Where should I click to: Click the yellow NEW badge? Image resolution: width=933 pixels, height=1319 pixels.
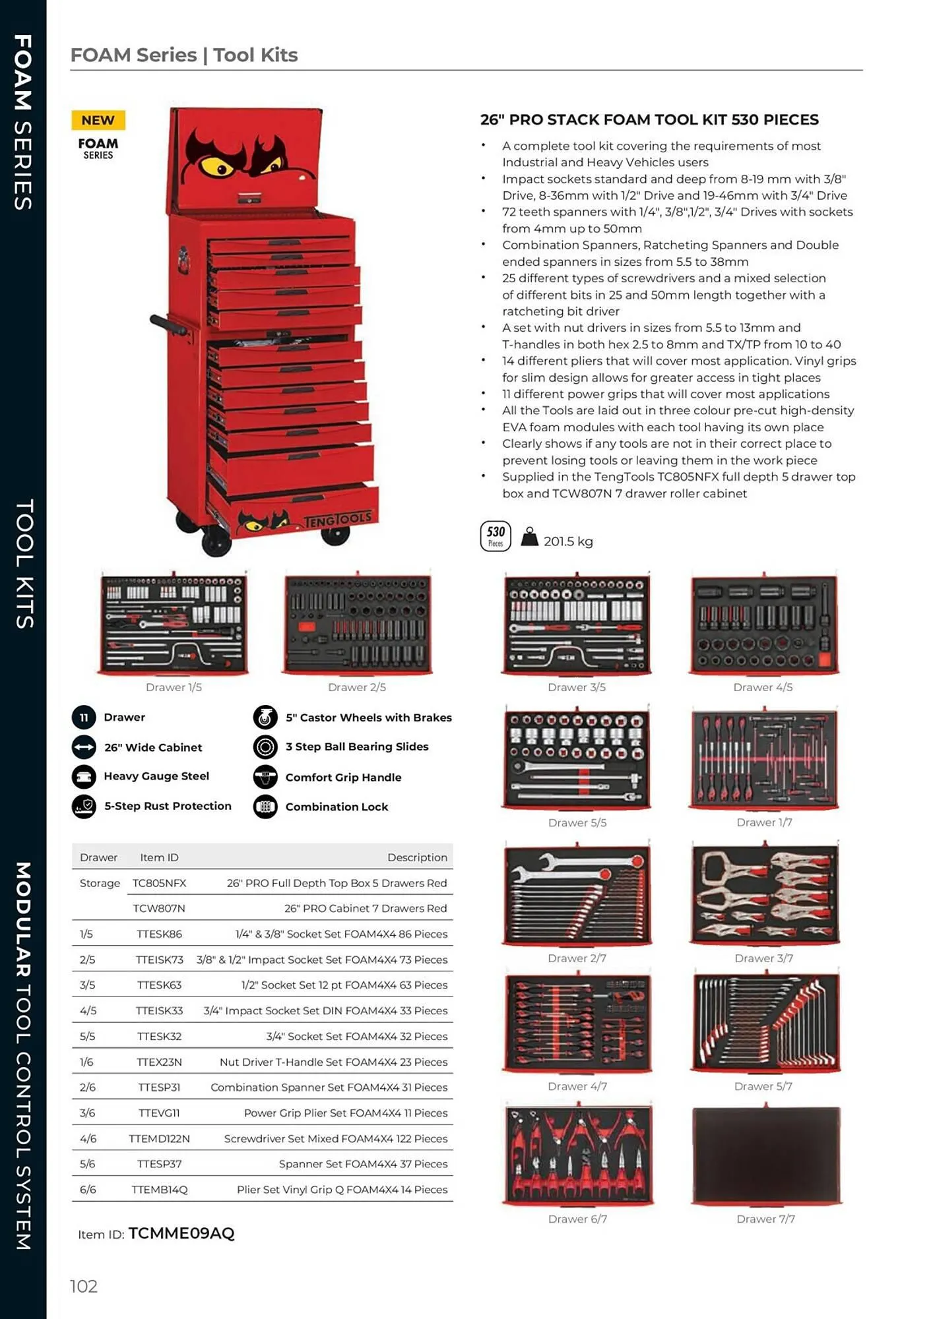click(x=98, y=120)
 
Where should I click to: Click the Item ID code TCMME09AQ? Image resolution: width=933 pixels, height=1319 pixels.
click(x=181, y=1233)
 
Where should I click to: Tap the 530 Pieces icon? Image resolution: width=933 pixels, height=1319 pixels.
click(x=496, y=536)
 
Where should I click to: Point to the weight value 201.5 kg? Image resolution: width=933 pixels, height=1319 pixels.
click(x=567, y=541)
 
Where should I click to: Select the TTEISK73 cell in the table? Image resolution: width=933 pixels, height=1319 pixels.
click(x=159, y=960)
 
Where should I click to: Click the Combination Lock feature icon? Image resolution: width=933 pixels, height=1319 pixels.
click(x=265, y=807)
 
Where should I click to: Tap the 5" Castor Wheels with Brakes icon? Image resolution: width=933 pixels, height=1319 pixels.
click(x=265, y=717)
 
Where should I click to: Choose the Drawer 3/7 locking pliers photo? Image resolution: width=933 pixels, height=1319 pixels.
click(x=764, y=894)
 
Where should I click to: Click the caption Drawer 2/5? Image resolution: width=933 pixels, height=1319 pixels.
click(x=356, y=687)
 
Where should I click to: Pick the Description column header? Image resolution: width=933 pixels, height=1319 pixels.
click(x=417, y=857)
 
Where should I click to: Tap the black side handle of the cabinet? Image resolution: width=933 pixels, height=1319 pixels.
click(x=169, y=324)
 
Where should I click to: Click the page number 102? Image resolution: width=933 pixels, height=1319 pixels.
click(x=84, y=1286)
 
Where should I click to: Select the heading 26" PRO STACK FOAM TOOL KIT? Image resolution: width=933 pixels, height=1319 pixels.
click(x=649, y=120)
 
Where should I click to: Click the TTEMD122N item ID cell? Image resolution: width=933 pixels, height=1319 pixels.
click(x=159, y=1138)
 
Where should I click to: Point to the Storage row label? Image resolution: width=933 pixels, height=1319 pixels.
click(x=100, y=883)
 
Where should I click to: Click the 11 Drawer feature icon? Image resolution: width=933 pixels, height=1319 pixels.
click(x=84, y=717)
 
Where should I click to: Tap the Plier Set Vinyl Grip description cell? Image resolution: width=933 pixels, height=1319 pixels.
click(x=342, y=1189)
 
